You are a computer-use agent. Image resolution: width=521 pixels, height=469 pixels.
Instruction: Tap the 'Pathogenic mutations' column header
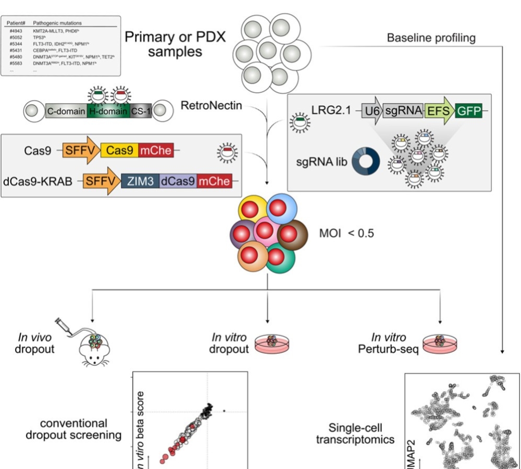click(57, 23)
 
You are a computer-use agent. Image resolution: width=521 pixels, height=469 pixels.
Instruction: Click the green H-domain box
click(108, 110)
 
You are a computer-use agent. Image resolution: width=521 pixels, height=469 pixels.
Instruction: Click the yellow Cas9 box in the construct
click(120, 151)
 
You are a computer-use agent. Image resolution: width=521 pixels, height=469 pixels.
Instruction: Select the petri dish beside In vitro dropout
click(271, 343)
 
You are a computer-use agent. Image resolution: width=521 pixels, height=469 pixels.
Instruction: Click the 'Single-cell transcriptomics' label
click(355, 433)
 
